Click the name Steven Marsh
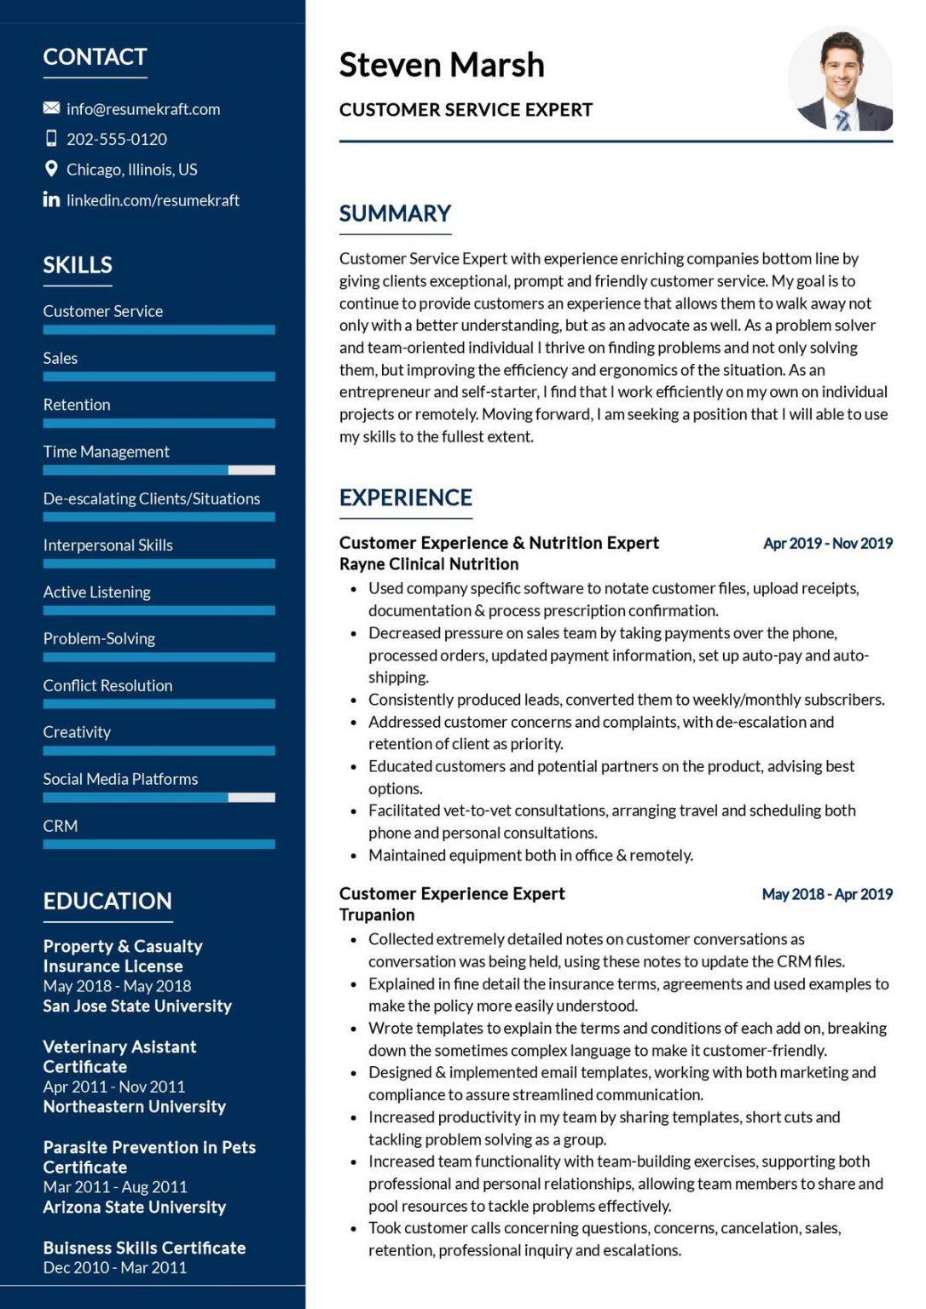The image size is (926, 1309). tap(441, 65)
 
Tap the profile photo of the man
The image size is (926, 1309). tap(840, 79)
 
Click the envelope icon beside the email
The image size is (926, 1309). tap(51, 108)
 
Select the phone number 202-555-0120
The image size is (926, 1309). tap(117, 139)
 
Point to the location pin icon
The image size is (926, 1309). tap(51, 169)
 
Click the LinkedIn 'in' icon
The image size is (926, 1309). tap(51, 199)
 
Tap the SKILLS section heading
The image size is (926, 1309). tap(78, 265)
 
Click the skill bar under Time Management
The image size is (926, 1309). tap(159, 470)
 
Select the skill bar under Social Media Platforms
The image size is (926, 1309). tap(159, 798)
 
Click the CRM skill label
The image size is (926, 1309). tap(61, 826)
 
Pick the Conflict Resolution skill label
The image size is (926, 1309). tap(107, 685)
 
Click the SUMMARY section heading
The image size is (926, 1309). tap(395, 214)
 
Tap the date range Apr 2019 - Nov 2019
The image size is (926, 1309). tap(827, 543)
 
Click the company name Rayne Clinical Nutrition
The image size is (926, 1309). tap(429, 564)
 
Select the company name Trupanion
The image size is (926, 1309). tap(377, 914)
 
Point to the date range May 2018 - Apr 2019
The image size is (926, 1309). tap(827, 894)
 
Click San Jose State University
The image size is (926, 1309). tap(137, 1006)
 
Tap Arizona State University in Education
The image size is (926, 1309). tap(135, 1207)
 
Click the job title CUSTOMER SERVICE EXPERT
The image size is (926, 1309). tap(466, 110)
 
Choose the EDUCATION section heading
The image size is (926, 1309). tap(107, 901)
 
